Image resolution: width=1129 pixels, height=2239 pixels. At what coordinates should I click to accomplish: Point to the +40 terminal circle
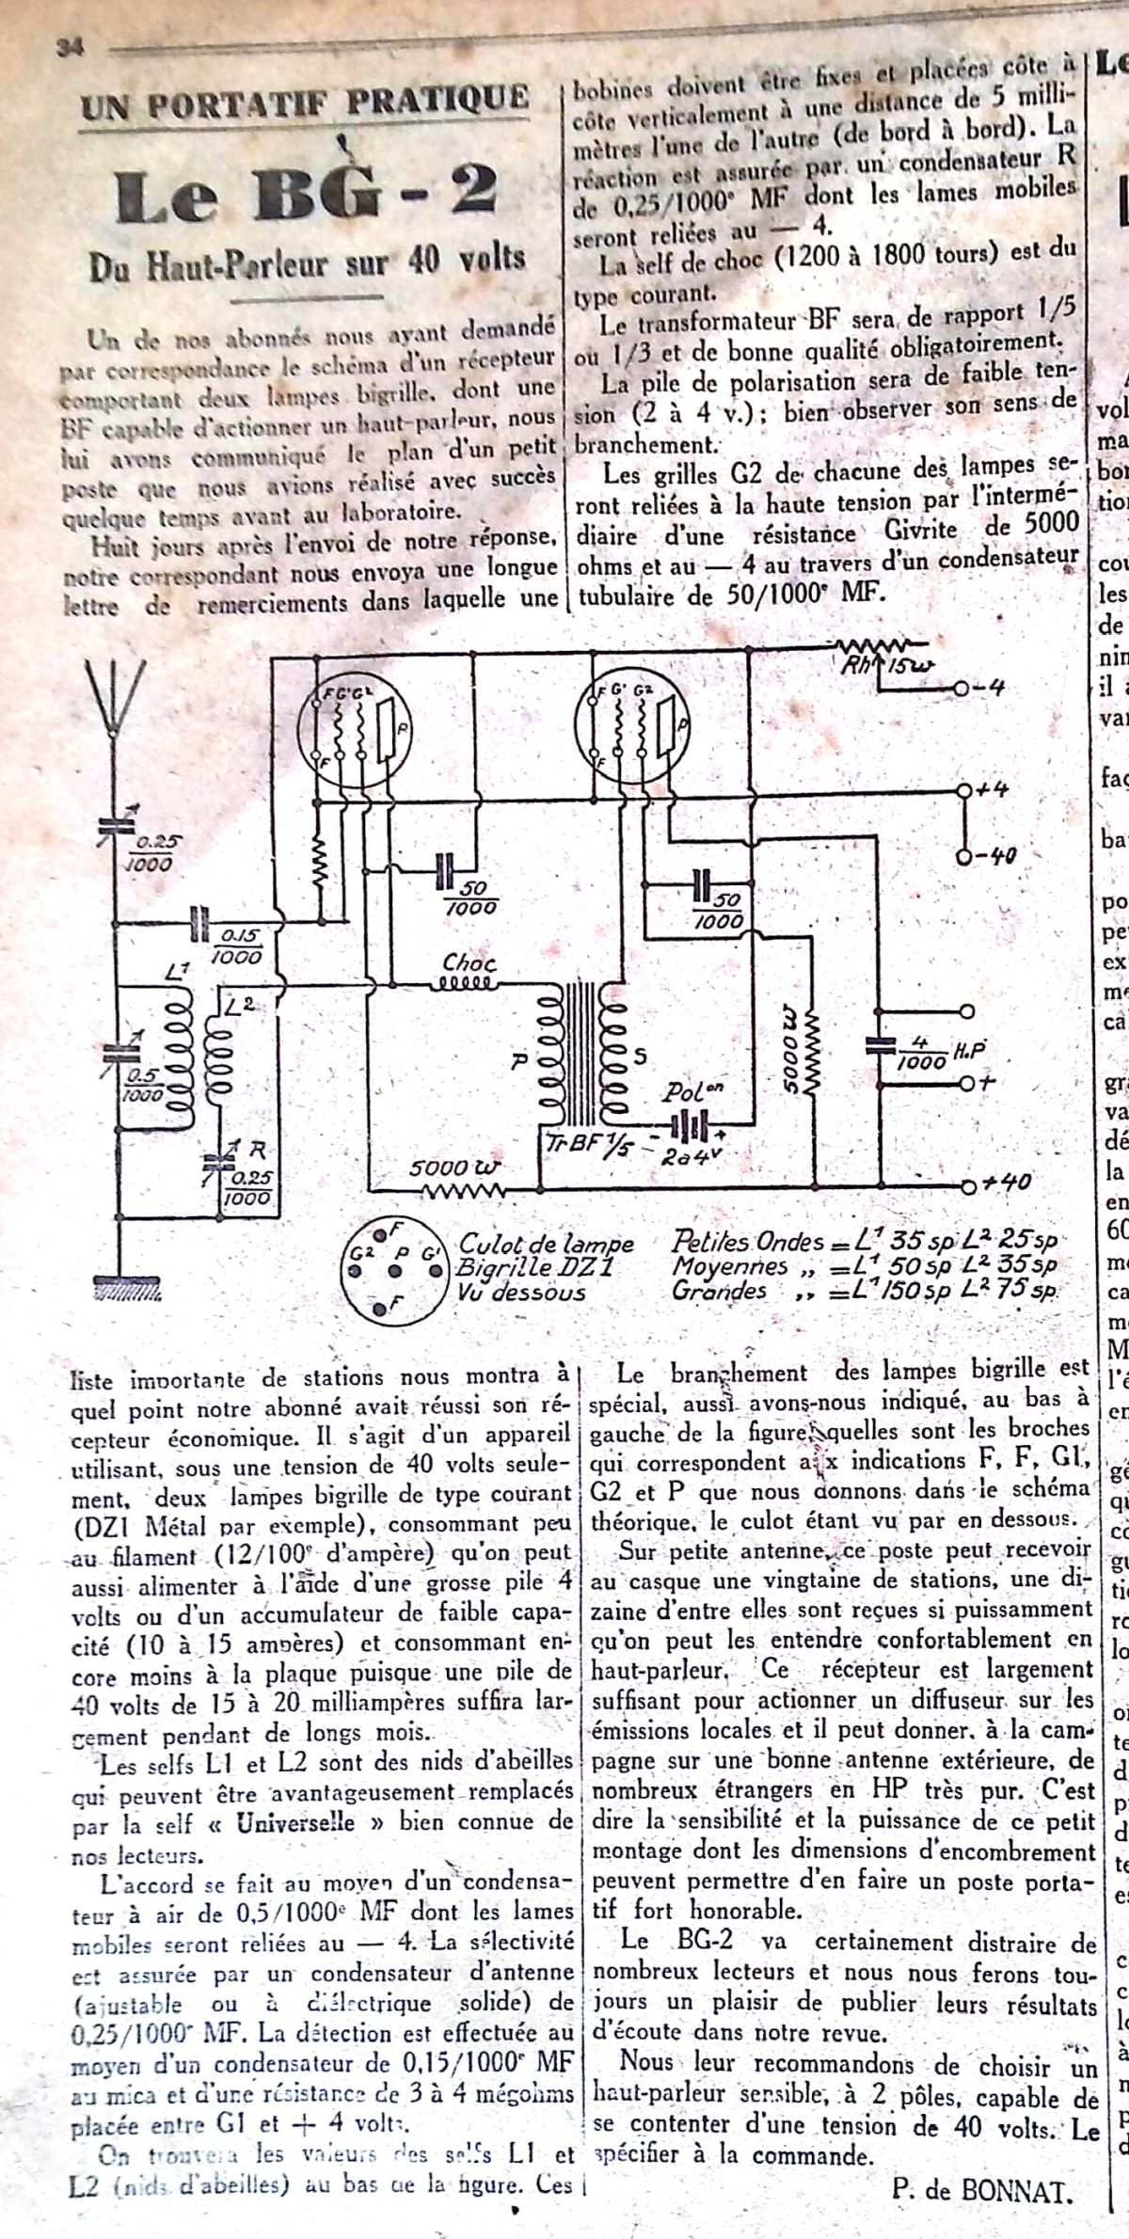tap(962, 1183)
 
